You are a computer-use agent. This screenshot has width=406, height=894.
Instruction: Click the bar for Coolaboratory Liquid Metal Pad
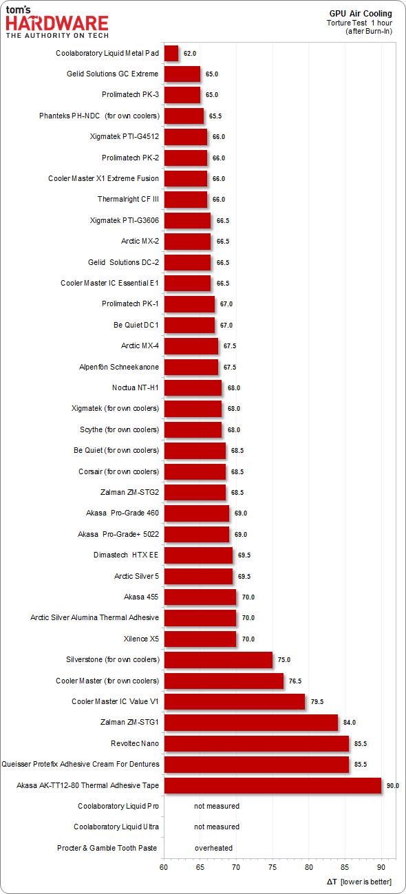tap(171, 53)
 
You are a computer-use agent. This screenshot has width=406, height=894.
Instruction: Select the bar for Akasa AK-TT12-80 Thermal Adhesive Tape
tap(273, 785)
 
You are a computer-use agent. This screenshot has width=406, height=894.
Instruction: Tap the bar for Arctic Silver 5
tap(198, 576)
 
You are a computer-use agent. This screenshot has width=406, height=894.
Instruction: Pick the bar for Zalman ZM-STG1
tap(251, 723)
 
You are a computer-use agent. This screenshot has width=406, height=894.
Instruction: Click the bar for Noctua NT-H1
tap(193, 388)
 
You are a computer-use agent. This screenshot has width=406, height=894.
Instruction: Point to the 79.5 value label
tap(317, 701)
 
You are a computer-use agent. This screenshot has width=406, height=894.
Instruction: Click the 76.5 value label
tap(295, 681)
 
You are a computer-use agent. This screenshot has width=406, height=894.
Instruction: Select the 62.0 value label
tap(190, 54)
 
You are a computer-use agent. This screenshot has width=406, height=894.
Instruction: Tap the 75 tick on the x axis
tap(273, 867)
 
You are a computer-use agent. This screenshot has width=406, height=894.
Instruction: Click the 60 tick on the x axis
tap(164, 867)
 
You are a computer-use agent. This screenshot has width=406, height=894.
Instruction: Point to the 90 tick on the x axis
tap(381, 867)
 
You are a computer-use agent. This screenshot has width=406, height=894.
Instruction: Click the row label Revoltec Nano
tap(135, 743)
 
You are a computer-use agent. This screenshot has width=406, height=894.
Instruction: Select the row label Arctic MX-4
tap(140, 345)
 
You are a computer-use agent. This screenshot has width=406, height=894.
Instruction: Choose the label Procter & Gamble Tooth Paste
tap(107, 848)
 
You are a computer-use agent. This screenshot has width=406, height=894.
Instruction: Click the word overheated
tap(213, 848)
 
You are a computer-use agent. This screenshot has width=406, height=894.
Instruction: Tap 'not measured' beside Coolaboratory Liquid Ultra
tap(217, 827)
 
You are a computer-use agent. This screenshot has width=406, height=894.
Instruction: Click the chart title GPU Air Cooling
tap(361, 14)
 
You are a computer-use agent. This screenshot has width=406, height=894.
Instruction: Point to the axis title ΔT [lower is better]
tap(359, 881)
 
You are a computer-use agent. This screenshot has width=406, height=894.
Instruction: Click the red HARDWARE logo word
tap(57, 24)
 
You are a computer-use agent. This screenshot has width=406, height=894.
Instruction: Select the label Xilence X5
tap(141, 639)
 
